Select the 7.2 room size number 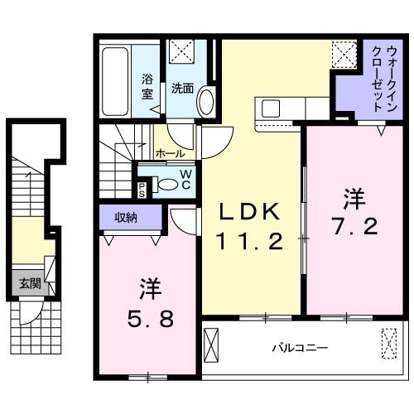pyautogui.click(x=355, y=224)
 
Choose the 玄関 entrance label pyautogui.click(x=29, y=282)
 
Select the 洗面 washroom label pyautogui.click(x=182, y=87)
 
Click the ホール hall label pyautogui.click(x=170, y=154)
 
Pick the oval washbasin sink pyautogui.click(x=205, y=102)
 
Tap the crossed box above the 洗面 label pyautogui.click(x=181, y=53)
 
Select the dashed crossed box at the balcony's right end pyautogui.click(x=389, y=341)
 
